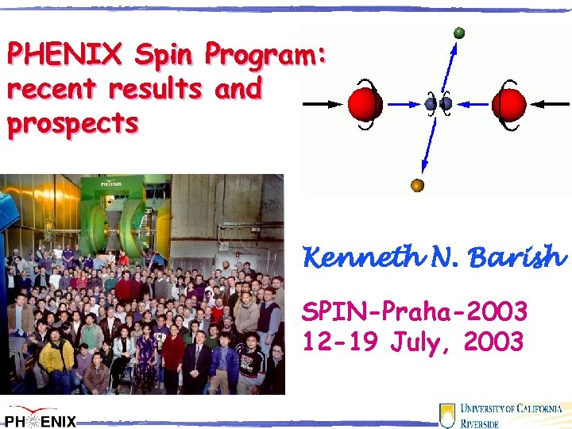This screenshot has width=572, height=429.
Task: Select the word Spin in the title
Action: point(164,55)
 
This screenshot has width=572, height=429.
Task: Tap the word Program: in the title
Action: point(265,55)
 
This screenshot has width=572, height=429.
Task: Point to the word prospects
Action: point(72,123)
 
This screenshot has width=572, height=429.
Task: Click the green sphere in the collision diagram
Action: point(459,33)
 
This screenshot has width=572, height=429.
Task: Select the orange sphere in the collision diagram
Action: point(417,186)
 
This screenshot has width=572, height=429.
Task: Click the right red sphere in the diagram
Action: point(508,104)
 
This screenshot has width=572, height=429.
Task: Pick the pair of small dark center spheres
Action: point(439,103)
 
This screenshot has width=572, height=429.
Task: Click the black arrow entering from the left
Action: point(323,104)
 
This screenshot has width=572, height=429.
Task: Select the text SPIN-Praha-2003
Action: point(414,311)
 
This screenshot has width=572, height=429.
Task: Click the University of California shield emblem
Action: point(448,415)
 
